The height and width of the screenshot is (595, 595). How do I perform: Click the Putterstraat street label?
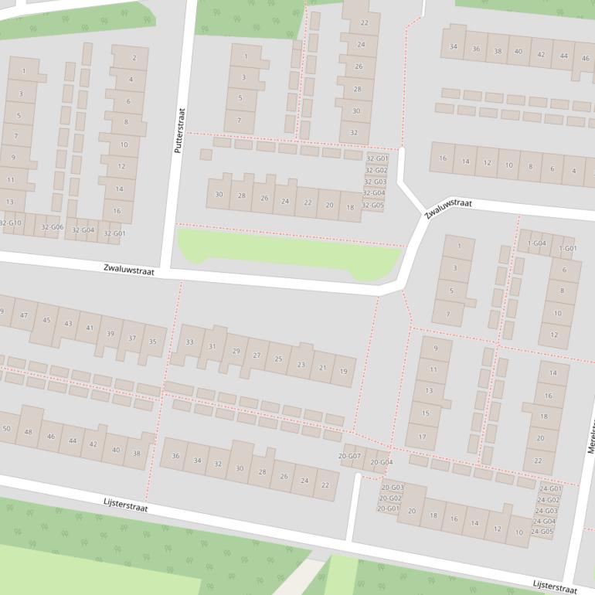pos(181,130)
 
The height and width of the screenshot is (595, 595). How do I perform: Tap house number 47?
pos(24,315)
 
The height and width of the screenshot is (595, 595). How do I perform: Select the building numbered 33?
pos(189,342)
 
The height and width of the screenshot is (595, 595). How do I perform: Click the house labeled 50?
pos(6,428)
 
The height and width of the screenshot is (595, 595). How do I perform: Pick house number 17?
pos(422,437)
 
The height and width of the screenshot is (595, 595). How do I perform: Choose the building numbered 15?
pos(425,413)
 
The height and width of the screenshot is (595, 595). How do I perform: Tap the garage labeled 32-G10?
pos(11,223)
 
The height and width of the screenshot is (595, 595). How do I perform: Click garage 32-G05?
pos(372,206)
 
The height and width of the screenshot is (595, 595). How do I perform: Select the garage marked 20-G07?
pos(349,457)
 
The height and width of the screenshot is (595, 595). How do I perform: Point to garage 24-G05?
pos(542,532)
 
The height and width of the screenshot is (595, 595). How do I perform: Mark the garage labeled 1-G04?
pos(536,243)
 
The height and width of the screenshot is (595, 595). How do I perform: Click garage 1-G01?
pos(568,249)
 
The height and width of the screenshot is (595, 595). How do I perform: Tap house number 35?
pos(152,342)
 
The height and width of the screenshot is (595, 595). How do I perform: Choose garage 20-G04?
pos(382,463)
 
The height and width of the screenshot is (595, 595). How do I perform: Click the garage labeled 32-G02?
pos(376,170)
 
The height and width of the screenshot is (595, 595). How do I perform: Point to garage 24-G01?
pos(550,489)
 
